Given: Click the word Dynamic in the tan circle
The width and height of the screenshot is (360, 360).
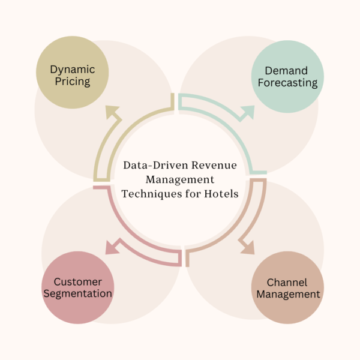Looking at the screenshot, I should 72,70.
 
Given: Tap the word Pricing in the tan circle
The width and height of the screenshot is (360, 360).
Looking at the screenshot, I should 72,82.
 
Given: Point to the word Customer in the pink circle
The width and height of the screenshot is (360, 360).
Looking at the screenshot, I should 77,281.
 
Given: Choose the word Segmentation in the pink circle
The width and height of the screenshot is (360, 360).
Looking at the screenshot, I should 77,294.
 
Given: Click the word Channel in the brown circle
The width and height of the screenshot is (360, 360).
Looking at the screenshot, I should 287,282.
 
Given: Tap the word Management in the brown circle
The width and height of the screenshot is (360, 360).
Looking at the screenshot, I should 287,295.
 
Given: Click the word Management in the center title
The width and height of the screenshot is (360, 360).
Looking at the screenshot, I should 180,179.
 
